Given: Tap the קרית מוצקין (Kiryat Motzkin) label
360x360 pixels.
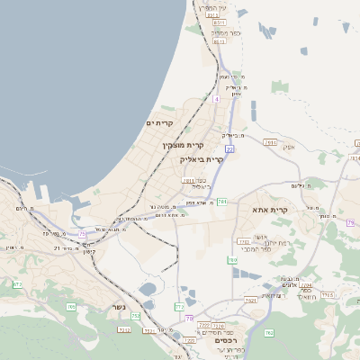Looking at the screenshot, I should (x=184, y=145).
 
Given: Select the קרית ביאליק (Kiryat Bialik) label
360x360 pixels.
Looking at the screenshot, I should (x=201, y=158).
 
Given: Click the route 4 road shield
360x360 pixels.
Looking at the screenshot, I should (x=217, y=99).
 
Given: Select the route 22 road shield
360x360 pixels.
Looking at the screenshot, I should (x=230, y=148).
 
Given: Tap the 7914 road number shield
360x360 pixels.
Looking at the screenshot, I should (x=270, y=142).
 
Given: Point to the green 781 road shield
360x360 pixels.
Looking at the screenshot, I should (x=222, y=201).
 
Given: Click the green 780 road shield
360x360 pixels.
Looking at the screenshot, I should (x=232, y=260).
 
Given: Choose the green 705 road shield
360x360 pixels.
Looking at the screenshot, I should (x=71, y=307).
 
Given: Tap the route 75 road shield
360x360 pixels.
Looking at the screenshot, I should (x=82, y=233).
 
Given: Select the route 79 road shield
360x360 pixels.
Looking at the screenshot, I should (x=351, y=221).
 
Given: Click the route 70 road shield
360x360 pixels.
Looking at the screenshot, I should (x=189, y=318).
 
